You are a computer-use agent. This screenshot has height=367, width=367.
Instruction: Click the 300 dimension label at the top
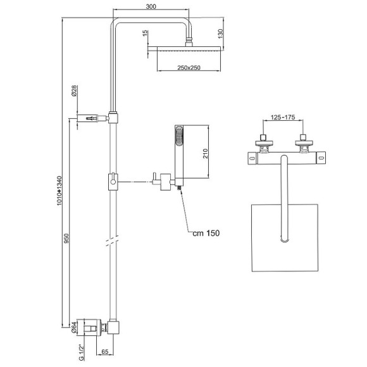151,6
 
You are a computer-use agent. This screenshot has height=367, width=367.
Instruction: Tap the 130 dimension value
220,34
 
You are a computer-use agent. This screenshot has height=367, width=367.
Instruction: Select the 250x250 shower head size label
189,68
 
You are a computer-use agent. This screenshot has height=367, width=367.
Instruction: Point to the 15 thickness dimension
146,33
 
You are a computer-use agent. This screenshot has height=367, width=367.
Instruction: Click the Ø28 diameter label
74,91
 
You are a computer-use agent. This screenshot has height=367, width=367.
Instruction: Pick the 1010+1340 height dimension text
59,190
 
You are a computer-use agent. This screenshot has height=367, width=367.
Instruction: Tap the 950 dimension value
66,238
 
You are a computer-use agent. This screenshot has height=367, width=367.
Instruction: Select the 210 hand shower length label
205,153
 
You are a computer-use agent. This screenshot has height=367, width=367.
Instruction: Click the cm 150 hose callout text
206,233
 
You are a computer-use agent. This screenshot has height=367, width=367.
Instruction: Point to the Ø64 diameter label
73,327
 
